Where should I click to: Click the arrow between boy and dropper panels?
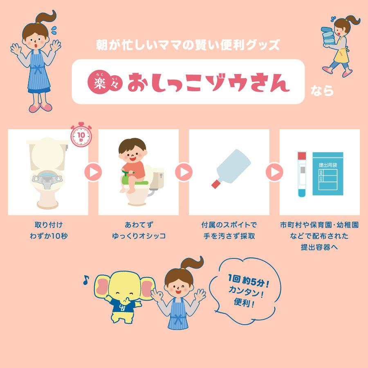click(184, 172)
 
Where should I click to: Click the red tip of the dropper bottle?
click(216, 183)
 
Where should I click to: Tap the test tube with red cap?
click(302, 174)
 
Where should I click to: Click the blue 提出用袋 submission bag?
click(328, 173)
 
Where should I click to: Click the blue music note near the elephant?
click(85, 280)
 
